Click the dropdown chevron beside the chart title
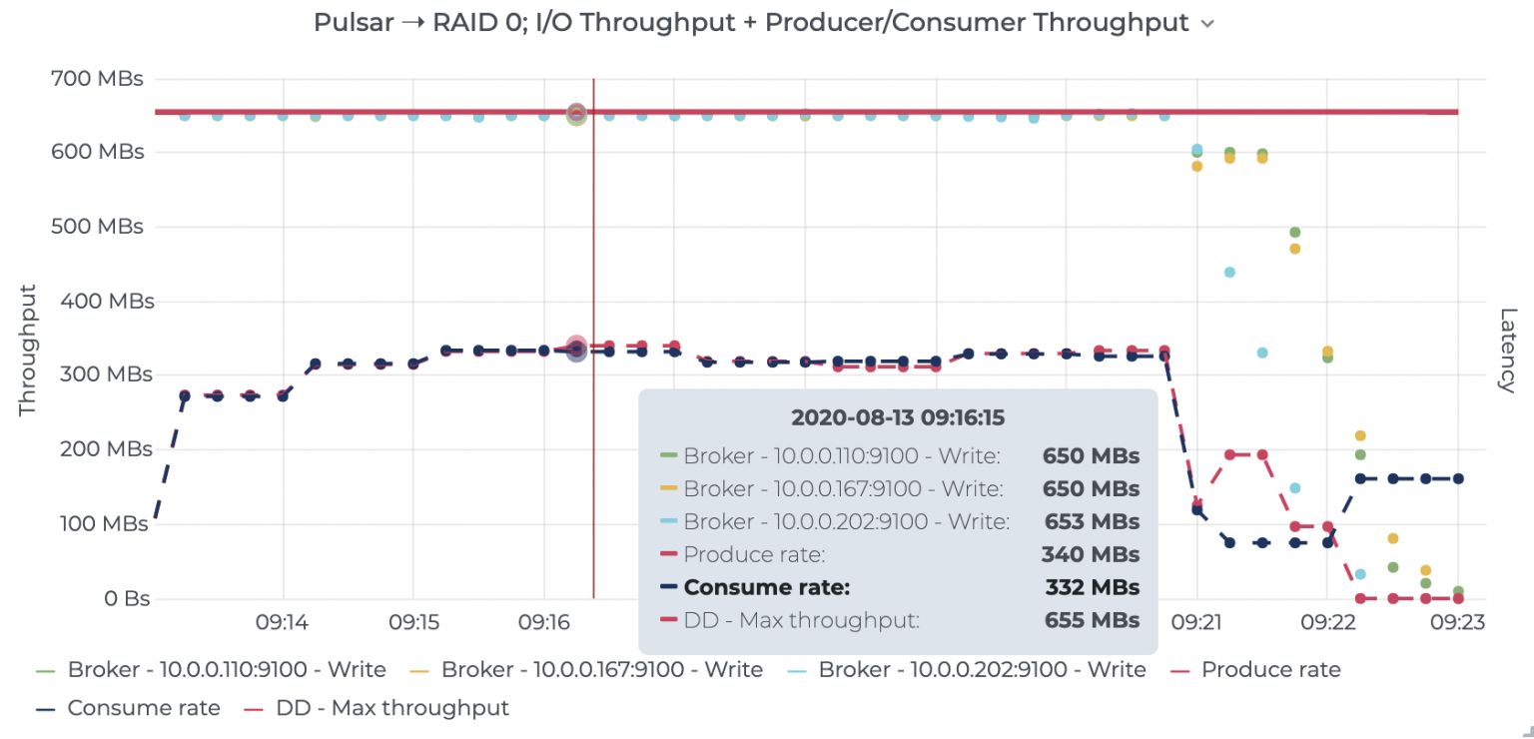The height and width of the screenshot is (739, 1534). click(1207, 25)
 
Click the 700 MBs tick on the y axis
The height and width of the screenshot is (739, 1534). click(96, 78)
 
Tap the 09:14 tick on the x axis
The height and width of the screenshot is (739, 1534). click(283, 623)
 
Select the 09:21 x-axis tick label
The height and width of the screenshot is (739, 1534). click(1196, 623)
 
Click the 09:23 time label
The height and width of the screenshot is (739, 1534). click(1457, 623)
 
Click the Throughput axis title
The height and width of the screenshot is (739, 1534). click(28, 350)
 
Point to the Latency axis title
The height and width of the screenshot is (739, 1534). click(1507, 350)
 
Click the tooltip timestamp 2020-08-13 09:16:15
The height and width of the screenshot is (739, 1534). click(897, 417)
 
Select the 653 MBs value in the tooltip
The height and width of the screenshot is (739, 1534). click(1091, 521)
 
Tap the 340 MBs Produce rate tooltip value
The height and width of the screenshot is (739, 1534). click(1091, 554)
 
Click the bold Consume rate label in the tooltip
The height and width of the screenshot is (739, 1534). click(766, 587)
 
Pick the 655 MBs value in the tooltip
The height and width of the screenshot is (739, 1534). click(1091, 620)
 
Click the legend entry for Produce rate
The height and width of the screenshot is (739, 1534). click(1269, 669)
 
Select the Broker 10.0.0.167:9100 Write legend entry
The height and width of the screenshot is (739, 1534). click(601, 669)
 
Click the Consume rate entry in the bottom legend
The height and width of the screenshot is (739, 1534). click(143, 708)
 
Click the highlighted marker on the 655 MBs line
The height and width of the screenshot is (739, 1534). click(576, 114)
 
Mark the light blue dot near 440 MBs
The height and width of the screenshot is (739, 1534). click(1229, 272)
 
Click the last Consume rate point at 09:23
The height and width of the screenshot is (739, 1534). click(1458, 478)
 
